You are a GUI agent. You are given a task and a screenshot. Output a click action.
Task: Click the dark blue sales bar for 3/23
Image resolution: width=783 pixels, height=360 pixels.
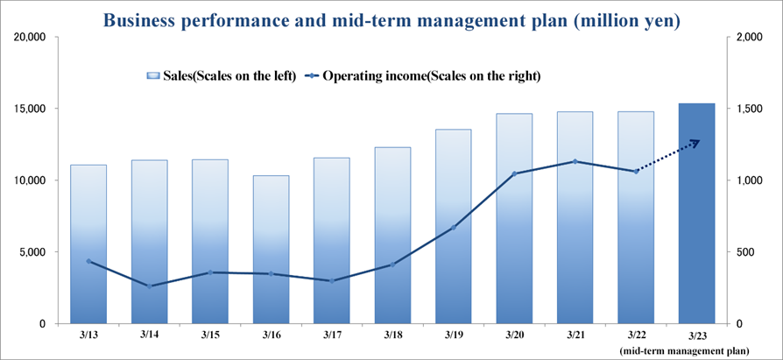[696, 213]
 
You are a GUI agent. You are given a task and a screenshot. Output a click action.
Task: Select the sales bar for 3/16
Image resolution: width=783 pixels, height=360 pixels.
[271, 249]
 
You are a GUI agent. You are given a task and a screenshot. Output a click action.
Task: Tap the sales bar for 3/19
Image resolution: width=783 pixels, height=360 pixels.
[454, 226]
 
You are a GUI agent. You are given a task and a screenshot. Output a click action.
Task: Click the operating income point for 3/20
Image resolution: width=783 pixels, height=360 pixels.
[514, 173]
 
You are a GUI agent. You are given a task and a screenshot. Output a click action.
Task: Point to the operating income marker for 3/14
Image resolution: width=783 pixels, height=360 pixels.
[149, 286]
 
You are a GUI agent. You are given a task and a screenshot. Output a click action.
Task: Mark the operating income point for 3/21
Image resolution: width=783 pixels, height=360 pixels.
[575, 161]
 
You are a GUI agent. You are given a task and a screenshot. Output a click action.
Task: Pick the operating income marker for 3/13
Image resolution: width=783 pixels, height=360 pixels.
[88, 261]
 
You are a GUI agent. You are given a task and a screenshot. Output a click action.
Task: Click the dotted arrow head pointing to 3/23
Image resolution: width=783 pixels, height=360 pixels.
[695, 142]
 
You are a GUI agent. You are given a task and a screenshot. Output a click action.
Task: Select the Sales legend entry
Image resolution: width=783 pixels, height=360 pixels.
[222, 76]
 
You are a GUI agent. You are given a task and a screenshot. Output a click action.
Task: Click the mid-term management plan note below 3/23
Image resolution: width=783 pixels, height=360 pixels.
[684, 351]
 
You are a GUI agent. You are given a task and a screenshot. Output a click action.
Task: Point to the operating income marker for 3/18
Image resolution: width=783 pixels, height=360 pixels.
[392, 265]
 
